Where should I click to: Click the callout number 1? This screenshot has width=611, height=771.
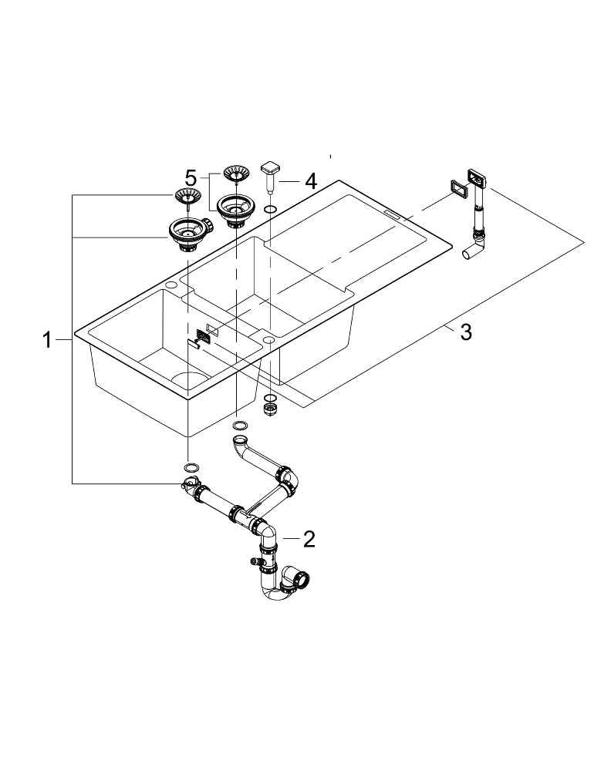(x=47, y=339)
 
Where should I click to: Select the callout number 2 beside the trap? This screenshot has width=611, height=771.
(x=309, y=539)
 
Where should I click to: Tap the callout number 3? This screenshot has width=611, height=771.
(x=465, y=332)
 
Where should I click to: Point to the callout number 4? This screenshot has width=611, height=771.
(x=310, y=181)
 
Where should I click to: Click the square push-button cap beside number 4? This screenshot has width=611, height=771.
(x=272, y=169)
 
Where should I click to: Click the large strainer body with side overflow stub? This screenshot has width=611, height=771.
(x=186, y=233)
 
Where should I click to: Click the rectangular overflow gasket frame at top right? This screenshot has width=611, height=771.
(x=457, y=187)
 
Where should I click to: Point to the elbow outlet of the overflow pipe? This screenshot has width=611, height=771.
(x=471, y=254)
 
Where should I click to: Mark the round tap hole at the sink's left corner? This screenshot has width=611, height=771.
(x=170, y=286)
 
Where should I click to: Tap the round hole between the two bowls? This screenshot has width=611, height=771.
(x=268, y=338)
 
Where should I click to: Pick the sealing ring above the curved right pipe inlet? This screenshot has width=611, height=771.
(x=240, y=425)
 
